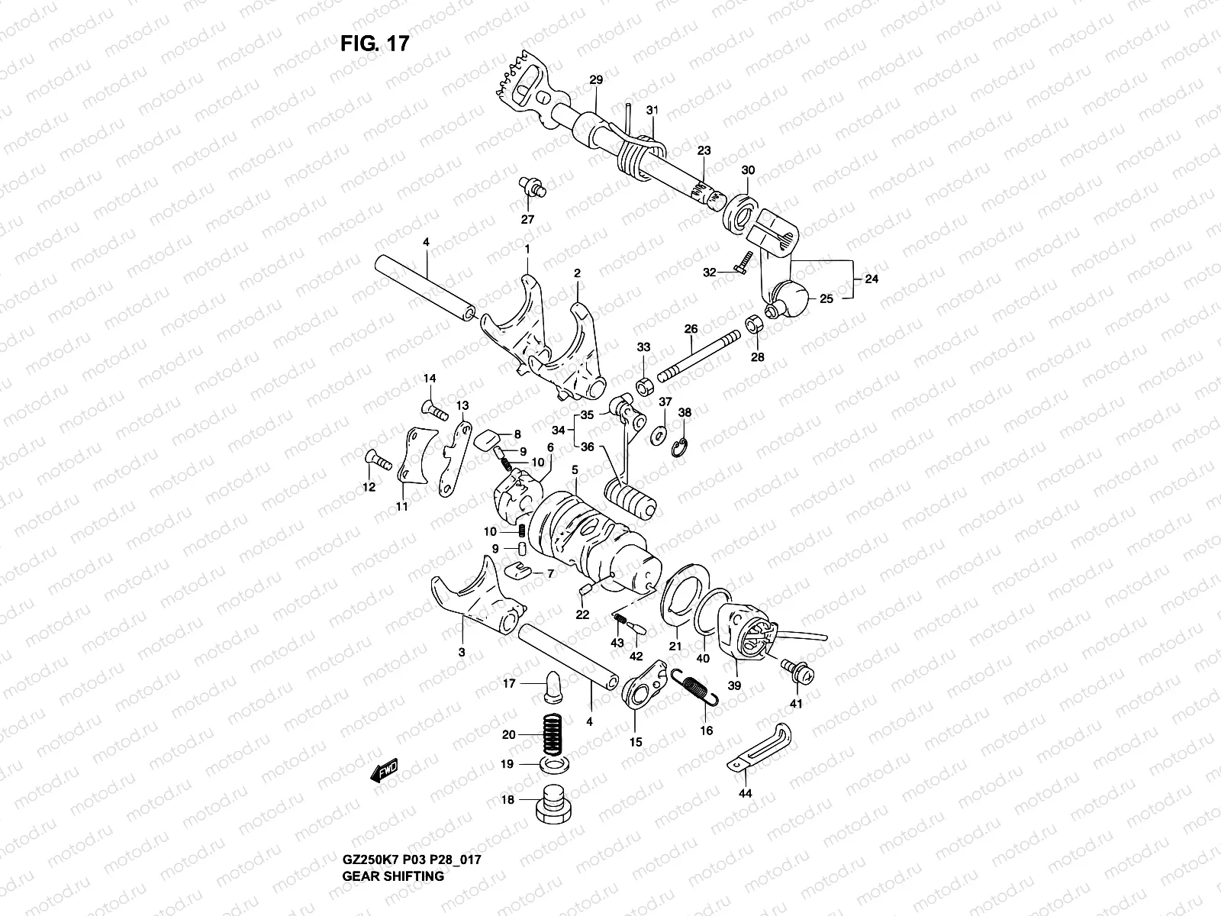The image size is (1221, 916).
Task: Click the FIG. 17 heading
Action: (375, 44)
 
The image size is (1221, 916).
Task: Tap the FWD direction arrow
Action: (384, 772)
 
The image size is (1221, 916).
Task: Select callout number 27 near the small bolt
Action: (527, 219)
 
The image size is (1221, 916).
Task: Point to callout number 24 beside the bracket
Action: (871, 279)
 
